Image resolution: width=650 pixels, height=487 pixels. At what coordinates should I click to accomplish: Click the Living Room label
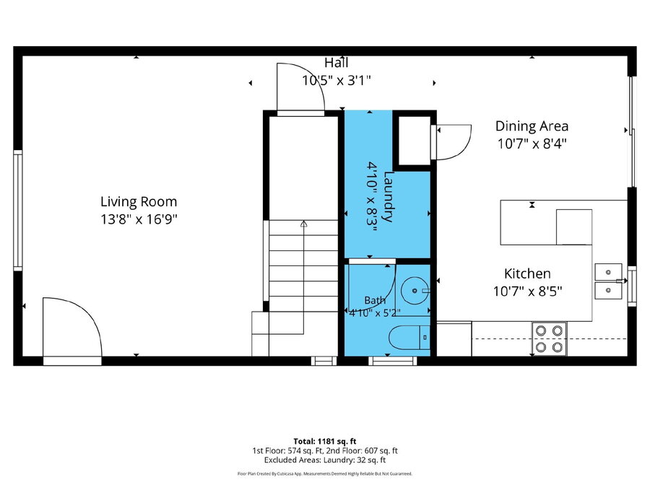click(139, 202)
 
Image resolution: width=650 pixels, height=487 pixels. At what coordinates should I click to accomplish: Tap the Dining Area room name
click(532, 126)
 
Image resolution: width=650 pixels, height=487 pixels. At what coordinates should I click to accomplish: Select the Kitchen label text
click(527, 273)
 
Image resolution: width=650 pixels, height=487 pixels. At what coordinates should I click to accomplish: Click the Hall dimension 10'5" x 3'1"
click(336, 80)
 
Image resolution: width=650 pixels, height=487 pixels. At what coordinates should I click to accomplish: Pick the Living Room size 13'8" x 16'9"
click(139, 219)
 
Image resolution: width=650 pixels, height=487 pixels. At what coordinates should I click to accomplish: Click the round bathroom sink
click(415, 291)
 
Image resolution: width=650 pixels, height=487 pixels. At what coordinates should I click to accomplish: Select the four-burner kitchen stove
click(549, 338)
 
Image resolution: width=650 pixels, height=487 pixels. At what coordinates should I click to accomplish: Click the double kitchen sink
click(608, 281)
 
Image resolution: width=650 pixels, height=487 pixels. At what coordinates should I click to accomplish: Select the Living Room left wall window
click(18, 211)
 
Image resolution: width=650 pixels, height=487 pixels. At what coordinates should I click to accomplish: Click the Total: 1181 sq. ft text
click(324, 442)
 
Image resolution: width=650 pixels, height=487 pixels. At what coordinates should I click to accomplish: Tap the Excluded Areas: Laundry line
click(324, 460)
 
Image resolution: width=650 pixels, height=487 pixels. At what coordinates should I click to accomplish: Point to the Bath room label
click(375, 300)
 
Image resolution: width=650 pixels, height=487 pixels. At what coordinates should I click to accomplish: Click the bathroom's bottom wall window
click(393, 361)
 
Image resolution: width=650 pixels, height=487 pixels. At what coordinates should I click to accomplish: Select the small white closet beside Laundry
click(415, 141)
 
